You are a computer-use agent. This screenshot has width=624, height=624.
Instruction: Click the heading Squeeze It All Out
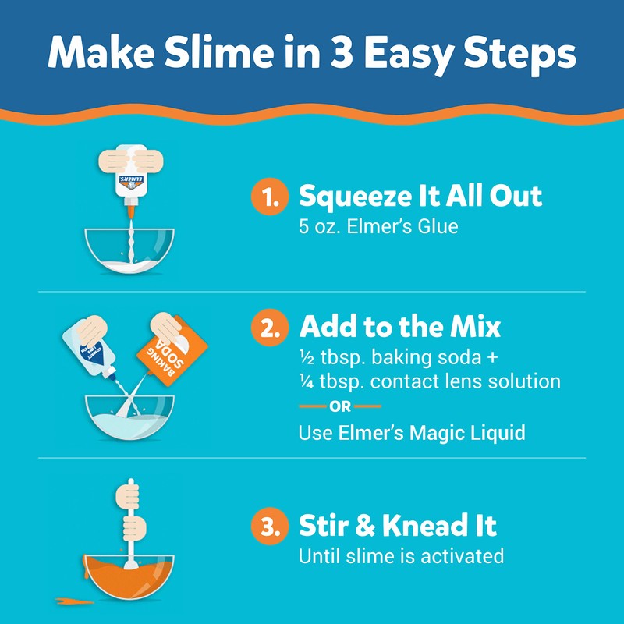[420, 197]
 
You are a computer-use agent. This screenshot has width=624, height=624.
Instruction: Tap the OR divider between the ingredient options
[340, 406]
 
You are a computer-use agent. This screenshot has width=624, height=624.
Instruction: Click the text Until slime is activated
[402, 556]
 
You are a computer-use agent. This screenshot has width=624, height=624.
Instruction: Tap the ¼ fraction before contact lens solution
[306, 382]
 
